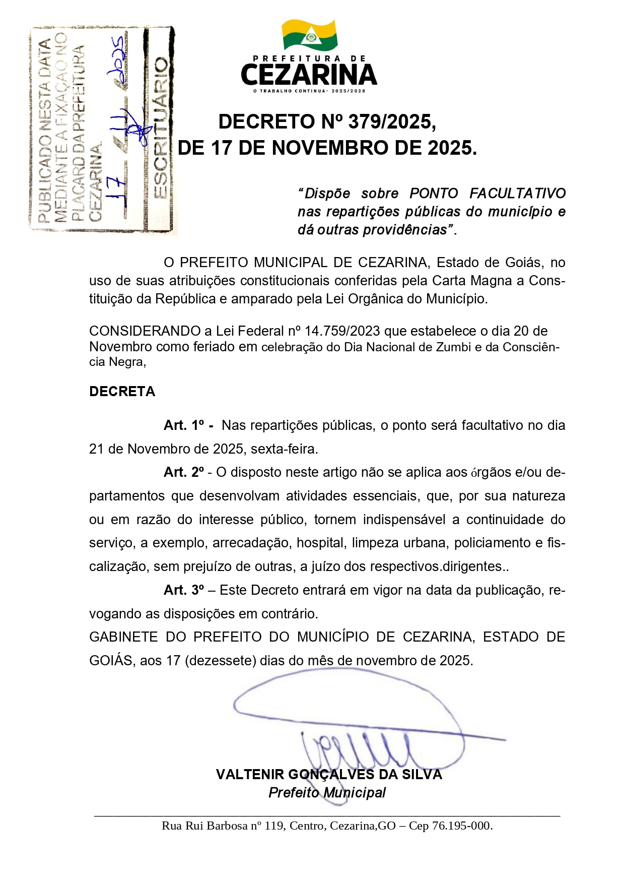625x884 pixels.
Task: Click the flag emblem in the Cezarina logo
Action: point(309,35)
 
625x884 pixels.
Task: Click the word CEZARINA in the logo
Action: point(309,75)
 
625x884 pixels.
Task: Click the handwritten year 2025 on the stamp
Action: point(118,56)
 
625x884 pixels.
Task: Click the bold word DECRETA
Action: point(122,392)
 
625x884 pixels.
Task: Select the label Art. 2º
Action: point(184,473)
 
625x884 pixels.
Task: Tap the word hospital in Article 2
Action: point(321,543)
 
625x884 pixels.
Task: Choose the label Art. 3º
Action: point(184,591)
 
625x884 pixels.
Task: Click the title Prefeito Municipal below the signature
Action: point(327,793)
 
